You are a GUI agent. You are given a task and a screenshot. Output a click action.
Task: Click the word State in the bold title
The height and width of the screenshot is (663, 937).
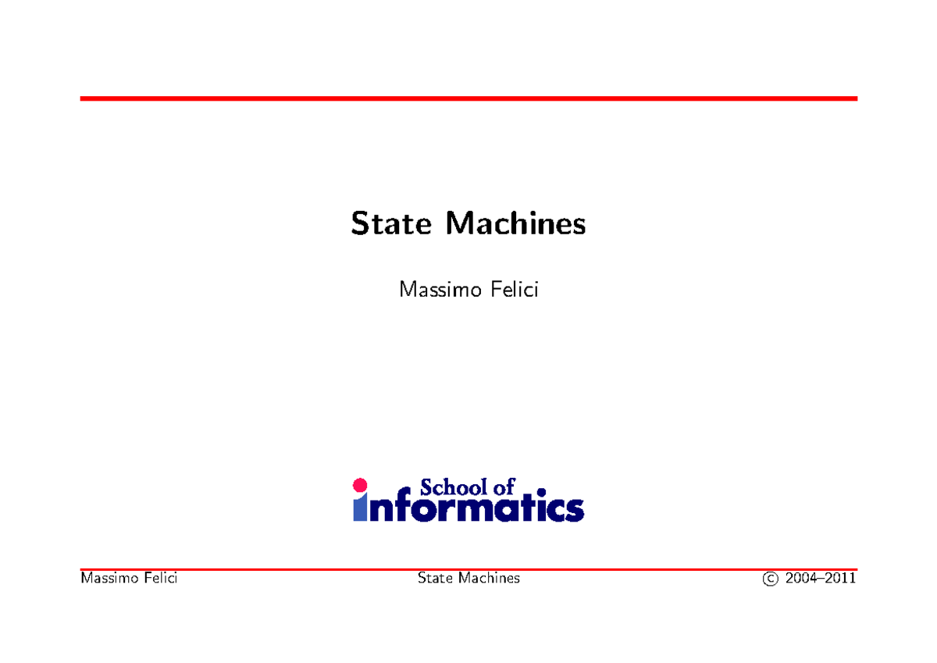[390, 224]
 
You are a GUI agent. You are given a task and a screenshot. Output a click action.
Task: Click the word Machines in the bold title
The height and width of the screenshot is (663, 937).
[515, 224]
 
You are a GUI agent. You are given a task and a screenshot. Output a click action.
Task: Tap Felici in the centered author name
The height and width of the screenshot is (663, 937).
[513, 291]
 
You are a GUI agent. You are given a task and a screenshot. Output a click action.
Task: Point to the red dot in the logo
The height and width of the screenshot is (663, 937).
[360, 485]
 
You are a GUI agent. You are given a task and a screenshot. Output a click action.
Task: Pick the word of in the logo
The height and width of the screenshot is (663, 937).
[503, 488]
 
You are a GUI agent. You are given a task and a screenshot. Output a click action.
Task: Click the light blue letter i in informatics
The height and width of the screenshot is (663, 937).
[360, 508]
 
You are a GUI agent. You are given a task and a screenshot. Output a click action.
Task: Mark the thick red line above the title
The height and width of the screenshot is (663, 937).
[468, 98]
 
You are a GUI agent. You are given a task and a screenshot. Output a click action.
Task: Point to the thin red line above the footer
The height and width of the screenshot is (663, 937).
[468, 570]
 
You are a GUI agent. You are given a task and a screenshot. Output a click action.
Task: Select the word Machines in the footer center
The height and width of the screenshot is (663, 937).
[490, 579]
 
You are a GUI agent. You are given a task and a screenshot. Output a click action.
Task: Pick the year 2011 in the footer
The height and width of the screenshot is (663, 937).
[841, 579]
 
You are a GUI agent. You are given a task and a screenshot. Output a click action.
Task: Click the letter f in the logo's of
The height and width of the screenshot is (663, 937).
[510, 487]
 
